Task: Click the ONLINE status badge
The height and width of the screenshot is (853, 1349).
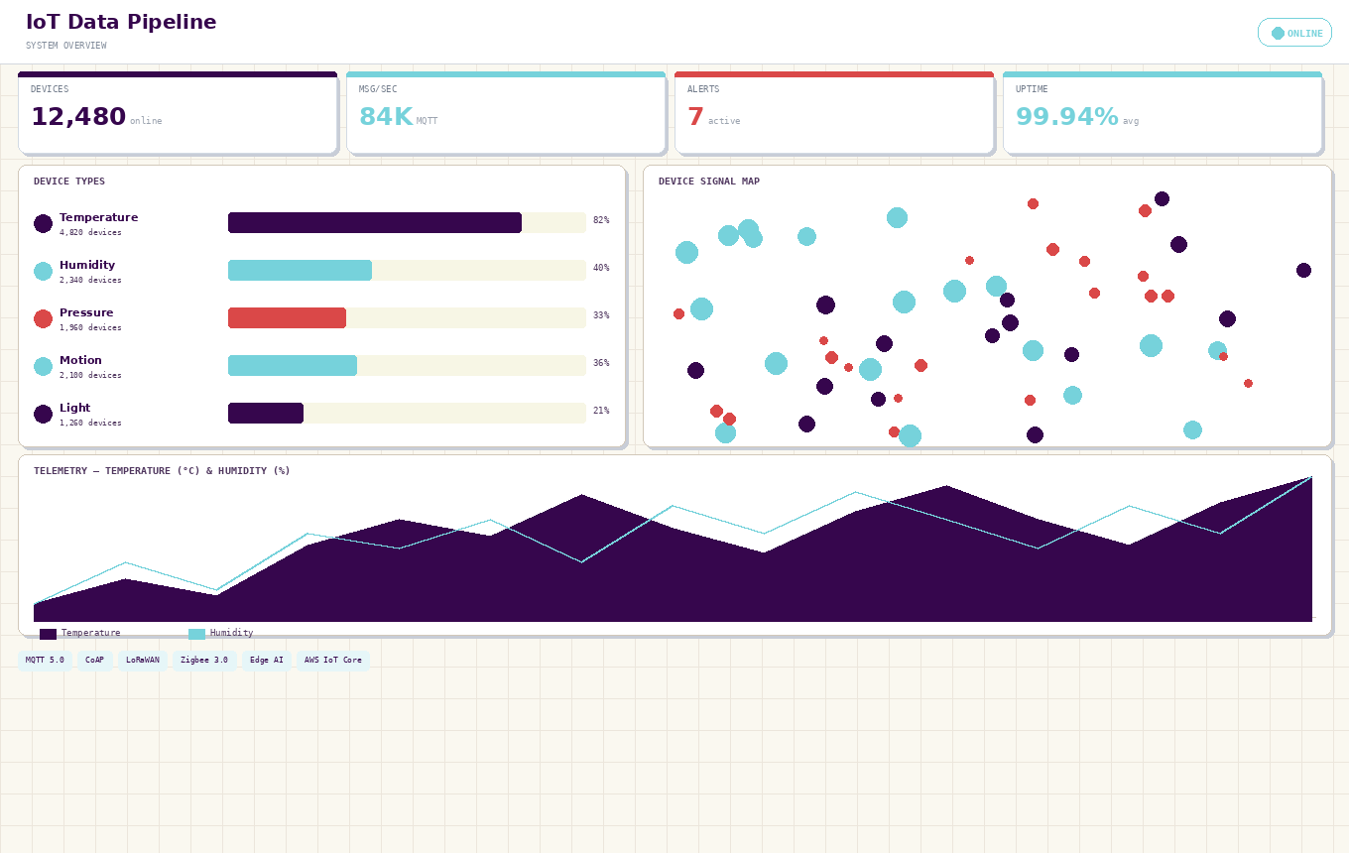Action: (1294, 33)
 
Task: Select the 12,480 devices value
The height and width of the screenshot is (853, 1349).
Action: (78, 118)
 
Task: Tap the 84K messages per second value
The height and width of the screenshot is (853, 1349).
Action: (386, 118)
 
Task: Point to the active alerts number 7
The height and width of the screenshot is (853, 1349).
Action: (695, 118)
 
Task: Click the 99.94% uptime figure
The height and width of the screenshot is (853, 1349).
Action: (1066, 118)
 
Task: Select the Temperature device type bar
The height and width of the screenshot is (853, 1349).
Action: (375, 223)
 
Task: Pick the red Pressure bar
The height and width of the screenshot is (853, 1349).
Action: (288, 318)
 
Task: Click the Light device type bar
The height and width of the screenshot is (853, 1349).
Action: (266, 414)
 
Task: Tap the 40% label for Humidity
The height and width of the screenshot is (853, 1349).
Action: (601, 269)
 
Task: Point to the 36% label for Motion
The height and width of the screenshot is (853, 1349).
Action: (601, 364)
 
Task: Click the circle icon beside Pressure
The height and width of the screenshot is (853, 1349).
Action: (43, 319)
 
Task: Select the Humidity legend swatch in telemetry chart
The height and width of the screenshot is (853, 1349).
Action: (196, 634)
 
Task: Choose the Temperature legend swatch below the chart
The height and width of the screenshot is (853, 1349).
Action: (48, 634)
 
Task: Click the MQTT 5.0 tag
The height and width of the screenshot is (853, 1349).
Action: (45, 661)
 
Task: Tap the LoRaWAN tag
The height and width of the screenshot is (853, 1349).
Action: (142, 661)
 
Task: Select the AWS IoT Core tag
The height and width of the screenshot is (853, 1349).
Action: (332, 661)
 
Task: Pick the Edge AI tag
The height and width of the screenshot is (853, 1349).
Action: (266, 661)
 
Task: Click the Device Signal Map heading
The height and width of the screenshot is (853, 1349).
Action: (709, 183)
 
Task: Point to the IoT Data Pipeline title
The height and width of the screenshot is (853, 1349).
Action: (121, 23)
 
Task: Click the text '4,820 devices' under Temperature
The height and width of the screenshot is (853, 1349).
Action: (90, 233)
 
